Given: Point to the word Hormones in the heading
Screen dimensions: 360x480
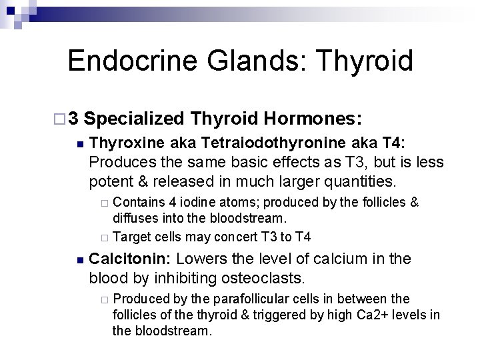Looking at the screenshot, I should coord(313,119).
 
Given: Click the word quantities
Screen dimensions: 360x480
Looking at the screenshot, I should coord(363,180).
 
